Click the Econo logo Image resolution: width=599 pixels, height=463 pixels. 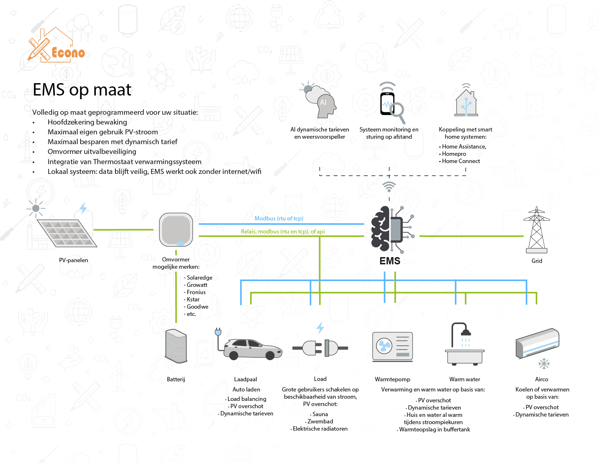click(56, 46)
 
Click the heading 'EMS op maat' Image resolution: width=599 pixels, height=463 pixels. click(82, 90)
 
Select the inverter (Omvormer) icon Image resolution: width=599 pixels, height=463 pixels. click(176, 230)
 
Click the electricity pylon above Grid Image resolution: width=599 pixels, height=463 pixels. click(537, 230)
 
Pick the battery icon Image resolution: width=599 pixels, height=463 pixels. click(176, 346)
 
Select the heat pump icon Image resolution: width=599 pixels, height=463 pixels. click(392, 346)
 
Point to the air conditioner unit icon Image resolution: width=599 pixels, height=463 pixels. click(538, 343)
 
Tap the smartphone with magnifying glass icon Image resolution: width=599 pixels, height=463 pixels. click(391, 104)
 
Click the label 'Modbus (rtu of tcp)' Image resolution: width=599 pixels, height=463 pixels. click(279, 218)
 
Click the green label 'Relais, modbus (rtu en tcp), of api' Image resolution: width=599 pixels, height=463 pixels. click(283, 231)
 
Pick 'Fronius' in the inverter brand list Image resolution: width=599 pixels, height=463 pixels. click(196, 292)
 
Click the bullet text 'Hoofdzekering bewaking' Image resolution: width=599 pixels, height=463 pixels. click(87, 122)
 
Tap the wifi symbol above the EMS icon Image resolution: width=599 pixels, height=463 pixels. click(389, 187)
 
